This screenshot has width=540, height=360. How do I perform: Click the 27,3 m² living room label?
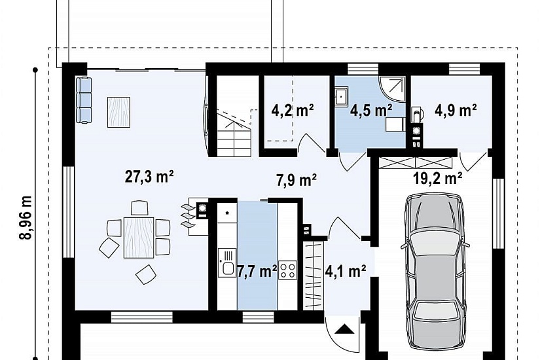point(149,177)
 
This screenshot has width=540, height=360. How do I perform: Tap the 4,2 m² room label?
point(293,111)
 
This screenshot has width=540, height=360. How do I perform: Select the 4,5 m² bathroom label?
point(371,111)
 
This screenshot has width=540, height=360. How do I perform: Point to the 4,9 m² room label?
point(456,110)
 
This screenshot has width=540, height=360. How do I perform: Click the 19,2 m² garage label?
point(438,179)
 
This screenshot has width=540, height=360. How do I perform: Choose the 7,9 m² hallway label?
point(296,180)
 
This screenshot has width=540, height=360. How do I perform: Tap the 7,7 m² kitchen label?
point(257,271)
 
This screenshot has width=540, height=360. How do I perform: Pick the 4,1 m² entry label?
point(346,271)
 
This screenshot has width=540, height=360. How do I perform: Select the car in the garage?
point(436,272)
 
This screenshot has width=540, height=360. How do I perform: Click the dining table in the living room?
point(139,238)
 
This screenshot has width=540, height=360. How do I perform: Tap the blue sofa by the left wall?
point(84,99)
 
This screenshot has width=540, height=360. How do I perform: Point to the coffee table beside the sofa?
point(119,113)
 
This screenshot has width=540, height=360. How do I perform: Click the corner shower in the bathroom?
point(392,89)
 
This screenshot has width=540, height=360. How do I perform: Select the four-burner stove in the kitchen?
point(287,270)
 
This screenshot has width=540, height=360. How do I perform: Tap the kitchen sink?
point(227,263)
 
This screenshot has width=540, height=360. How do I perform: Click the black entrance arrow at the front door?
point(344,329)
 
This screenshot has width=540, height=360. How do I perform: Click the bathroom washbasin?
point(341,96)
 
